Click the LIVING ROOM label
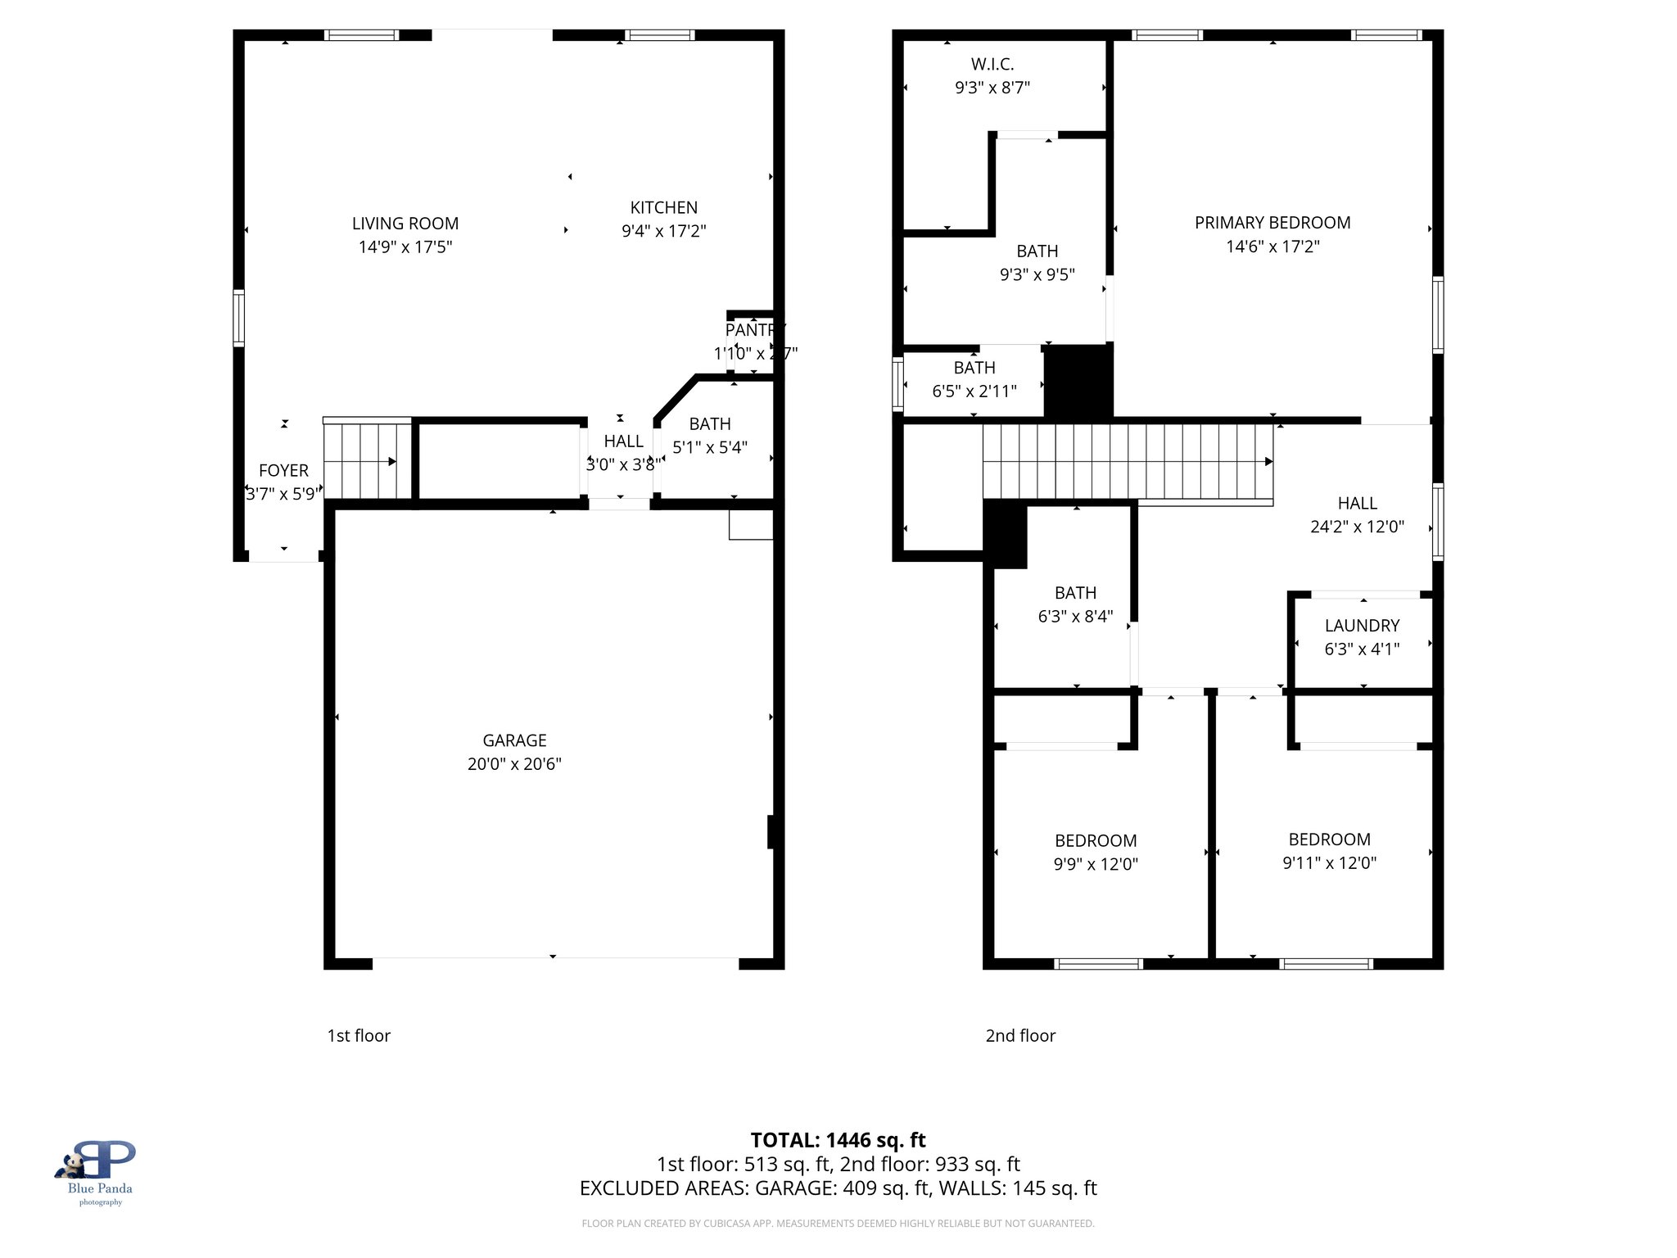(405, 224)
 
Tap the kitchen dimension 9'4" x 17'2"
(663, 231)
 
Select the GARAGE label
(514, 740)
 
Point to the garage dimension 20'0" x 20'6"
(514, 764)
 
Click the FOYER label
(283, 471)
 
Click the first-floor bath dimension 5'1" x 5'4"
(709, 447)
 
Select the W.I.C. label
(992, 64)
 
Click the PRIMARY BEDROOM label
(1272, 223)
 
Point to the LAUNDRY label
(1362, 626)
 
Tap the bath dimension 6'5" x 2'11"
(974, 391)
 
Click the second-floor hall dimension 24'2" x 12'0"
(1357, 527)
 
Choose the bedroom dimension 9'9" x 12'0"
(1096, 864)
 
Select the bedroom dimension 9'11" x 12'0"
(1329, 863)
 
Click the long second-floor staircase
(1127, 461)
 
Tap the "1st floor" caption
(359, 1035)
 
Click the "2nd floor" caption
(1020, 1035)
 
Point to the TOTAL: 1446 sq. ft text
(838, 1140)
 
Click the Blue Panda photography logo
(100, 1171)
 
